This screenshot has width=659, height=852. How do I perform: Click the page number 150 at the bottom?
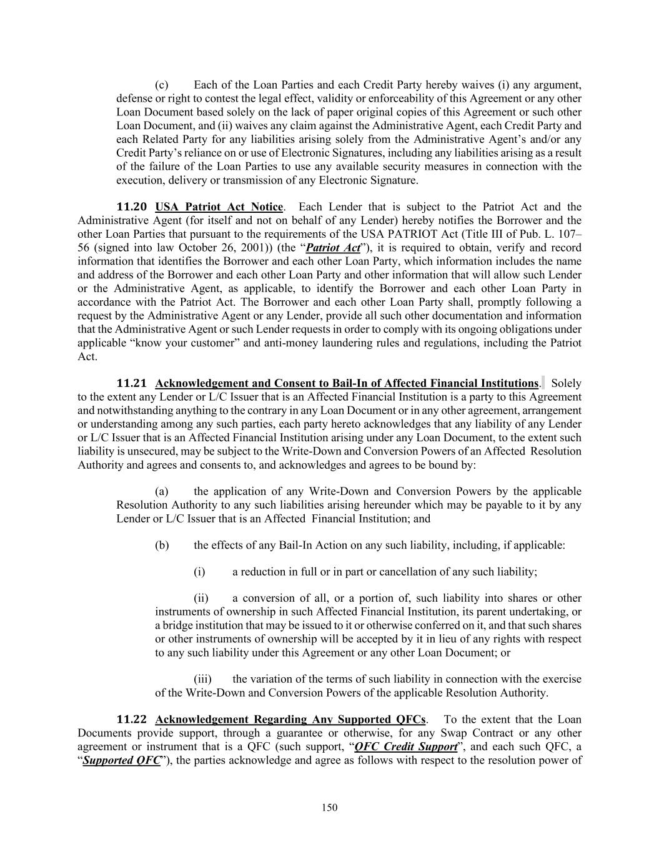pyautogui.click(x=329, y=808)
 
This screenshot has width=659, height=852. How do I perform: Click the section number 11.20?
pyautogui.click(x=132, y=207)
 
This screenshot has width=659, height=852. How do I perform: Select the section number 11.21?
pyautogui.click(x=132, y=383)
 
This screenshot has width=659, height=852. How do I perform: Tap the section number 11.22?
pyautogui.click(x=132, y=720)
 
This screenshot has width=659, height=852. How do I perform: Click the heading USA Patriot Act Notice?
pyautogui.click(x=219, y=207)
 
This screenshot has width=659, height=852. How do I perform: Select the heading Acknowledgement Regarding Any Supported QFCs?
pyautogui.click(x=290, y=720)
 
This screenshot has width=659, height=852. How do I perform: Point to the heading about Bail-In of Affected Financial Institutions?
pyautogui.click(x=346, y=383)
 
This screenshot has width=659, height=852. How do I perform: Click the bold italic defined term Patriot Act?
pyautogui.click(x=333, y=248)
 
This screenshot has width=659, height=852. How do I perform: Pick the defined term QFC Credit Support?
pyautogui.click(x=405, y=747)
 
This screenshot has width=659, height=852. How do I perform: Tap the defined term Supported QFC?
pyautogui.click(x=121, y=761)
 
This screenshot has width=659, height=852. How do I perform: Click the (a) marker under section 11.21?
pyautogui.click(x=162, y=491)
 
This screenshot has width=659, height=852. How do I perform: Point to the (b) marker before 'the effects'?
pyautogui.click(x=162, y=546)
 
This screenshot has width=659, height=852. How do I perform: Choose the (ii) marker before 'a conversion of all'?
pyautogui.click(x=201, y=598)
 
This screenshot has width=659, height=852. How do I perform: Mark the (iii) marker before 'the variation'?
pyautogui.click(x=202, y=679)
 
